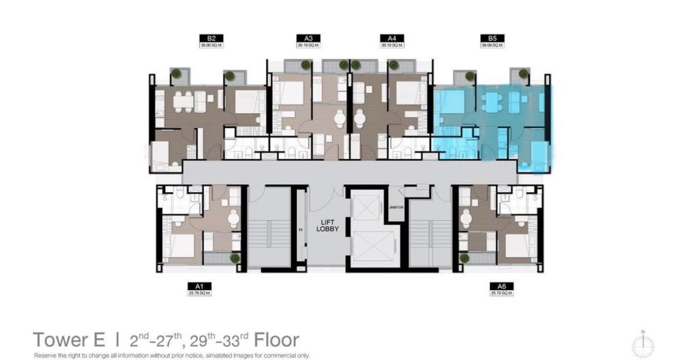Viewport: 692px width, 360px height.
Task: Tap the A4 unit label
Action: pos(393,39)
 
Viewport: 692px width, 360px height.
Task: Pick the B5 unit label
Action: pos(492,39)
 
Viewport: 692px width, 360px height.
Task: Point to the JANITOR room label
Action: pos(396,216)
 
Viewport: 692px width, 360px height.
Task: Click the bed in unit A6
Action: pos(518,245)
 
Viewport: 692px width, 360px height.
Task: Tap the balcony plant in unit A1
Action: pos(235,259)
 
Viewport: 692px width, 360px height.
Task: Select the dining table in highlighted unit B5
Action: pos(490,101)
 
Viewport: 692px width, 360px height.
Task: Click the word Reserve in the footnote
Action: pos(47,355)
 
